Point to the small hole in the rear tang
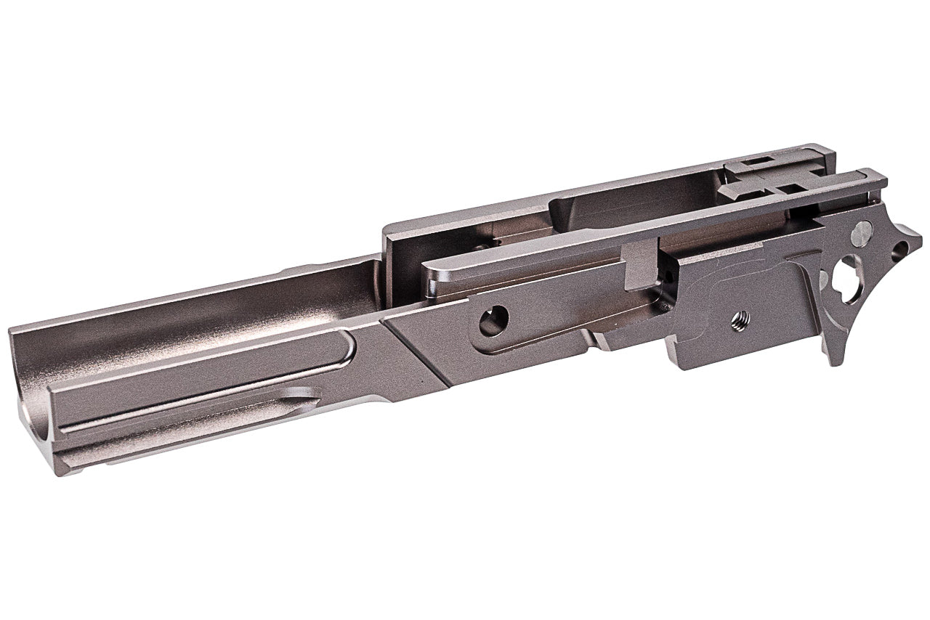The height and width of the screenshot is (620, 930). point(899,250)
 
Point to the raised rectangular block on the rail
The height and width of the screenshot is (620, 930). point(640,265)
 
